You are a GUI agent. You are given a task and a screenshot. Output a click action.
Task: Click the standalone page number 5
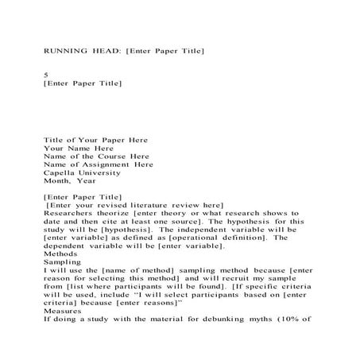(x=46, y=73)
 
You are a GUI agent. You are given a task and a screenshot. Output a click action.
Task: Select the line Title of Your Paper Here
(x=95, y=140)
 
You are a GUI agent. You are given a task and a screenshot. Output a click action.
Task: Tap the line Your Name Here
(x=79, y=149)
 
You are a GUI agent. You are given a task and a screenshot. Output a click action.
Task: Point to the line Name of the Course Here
(x=96, y=157)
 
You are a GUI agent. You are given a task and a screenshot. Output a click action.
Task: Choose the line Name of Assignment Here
(x=99, y=165)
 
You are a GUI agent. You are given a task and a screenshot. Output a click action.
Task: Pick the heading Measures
(x=62, y=310)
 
